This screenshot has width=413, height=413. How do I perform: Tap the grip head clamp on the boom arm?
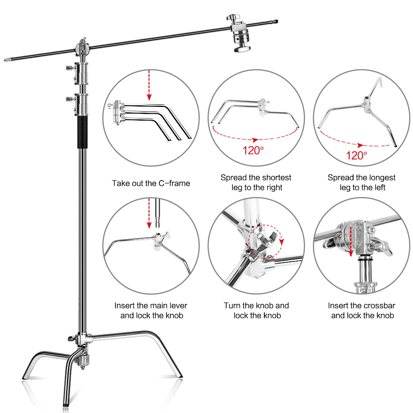tap(240, 35)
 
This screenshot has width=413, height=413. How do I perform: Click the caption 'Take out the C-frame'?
tap(151, 183)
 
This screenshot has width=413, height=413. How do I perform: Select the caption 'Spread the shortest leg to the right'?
tap(256, 183)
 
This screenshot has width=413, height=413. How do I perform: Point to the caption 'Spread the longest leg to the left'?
tap(361, 183)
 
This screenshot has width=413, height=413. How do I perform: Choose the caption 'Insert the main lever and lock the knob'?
tap(151, 311)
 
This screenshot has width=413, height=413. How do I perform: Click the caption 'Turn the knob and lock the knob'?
tap(256, 311)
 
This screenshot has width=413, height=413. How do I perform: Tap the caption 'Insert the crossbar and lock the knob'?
tap(362, 311)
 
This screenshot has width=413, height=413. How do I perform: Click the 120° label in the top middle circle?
tap(253, 150)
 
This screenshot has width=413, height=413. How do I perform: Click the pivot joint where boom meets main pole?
tap(83, 50)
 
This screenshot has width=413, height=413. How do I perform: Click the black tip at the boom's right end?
tap(278, 20)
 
